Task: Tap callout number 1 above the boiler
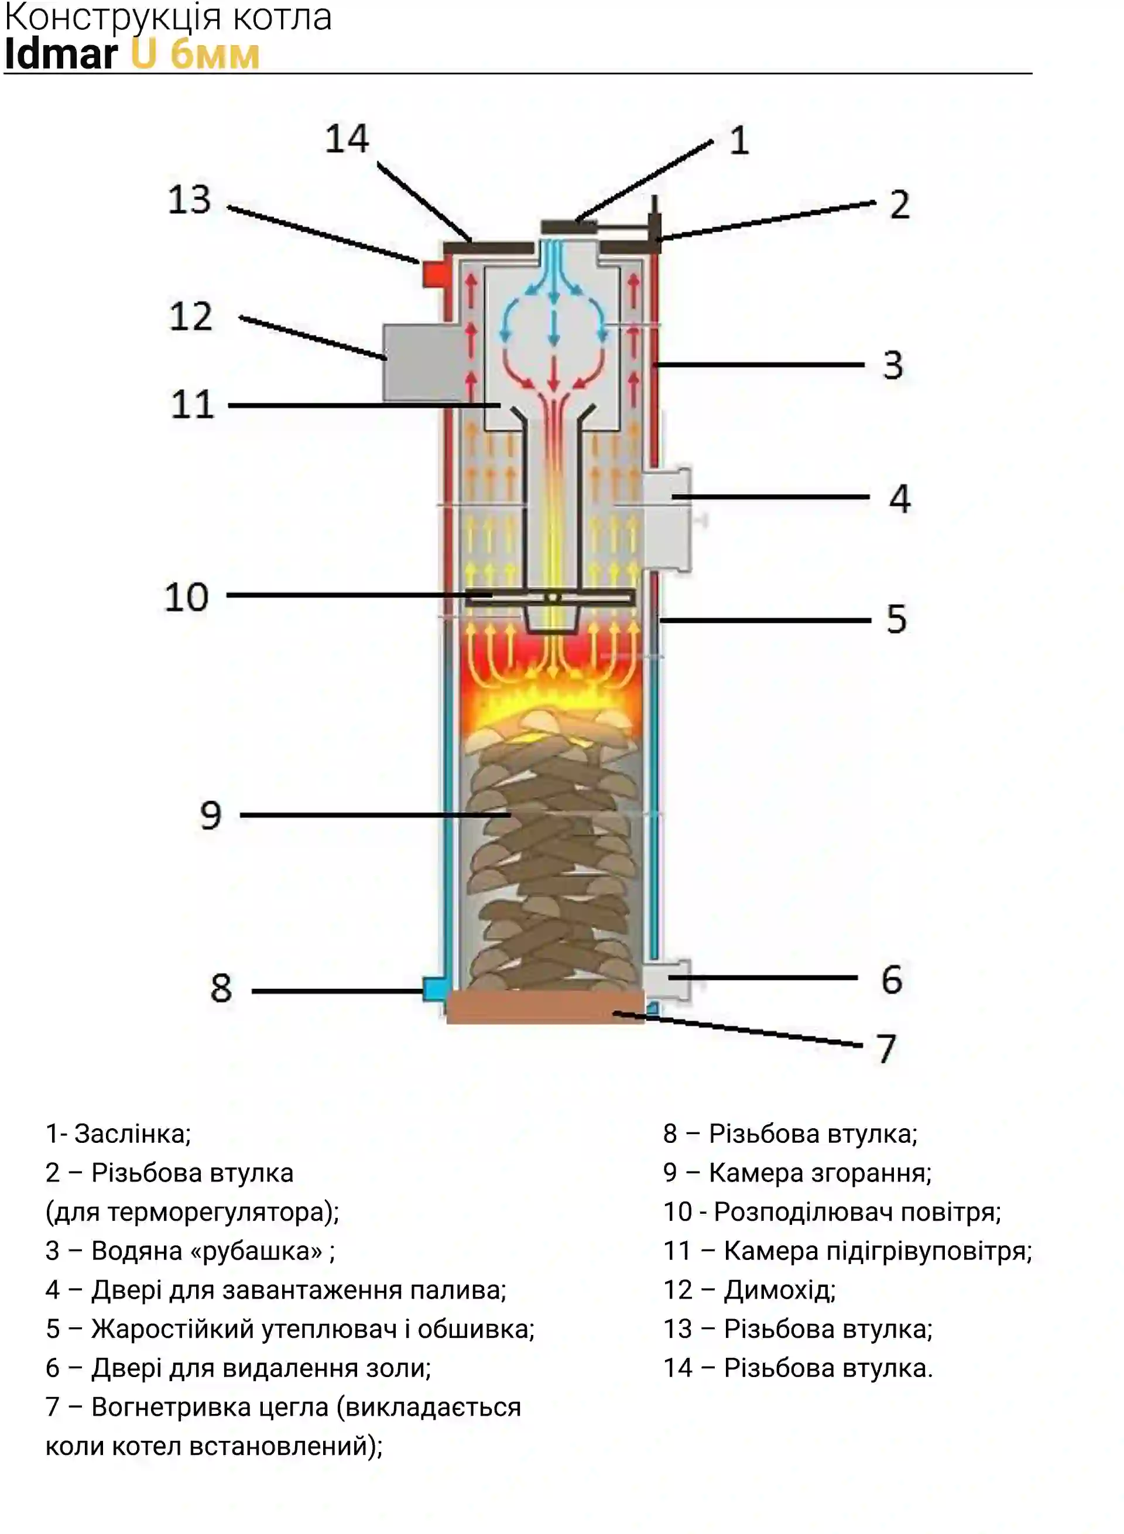[739, 141]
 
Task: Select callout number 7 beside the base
[886, 1048]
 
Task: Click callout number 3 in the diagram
[893, 365]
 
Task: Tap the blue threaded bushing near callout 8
[435, 989]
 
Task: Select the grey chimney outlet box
[422, 362]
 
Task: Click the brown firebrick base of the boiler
[546, 1006]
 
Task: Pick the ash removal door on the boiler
[667, 981]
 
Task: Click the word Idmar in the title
[61, 54]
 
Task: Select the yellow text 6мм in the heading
[215, 54]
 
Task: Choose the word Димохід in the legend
[780, 1290]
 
